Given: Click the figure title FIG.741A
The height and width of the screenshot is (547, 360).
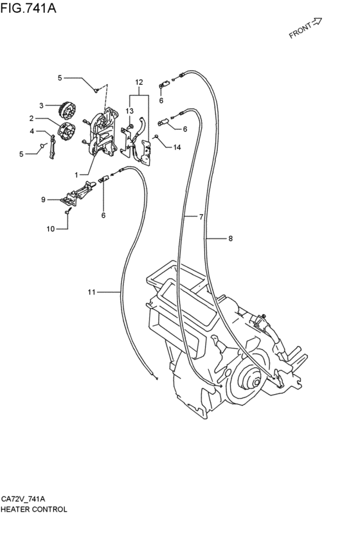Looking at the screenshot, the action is tap(28, 7).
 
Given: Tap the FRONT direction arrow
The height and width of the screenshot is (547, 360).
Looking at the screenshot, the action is tap(316, 22).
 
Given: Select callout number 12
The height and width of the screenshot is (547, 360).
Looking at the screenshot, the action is tap(139, 82).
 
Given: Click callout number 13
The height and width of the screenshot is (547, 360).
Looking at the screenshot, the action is tap(129, 111).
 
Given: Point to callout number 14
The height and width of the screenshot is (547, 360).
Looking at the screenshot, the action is tap(177, 147).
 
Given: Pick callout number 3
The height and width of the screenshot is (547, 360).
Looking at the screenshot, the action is tap(41, 105).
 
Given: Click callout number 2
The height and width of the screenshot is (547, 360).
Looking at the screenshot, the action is tap(32, 119).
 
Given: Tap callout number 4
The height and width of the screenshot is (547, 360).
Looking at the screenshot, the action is tap(32, 131).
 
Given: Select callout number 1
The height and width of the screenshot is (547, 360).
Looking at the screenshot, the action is tap(76, 174).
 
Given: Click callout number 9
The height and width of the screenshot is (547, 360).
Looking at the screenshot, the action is tap(43, 199).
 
